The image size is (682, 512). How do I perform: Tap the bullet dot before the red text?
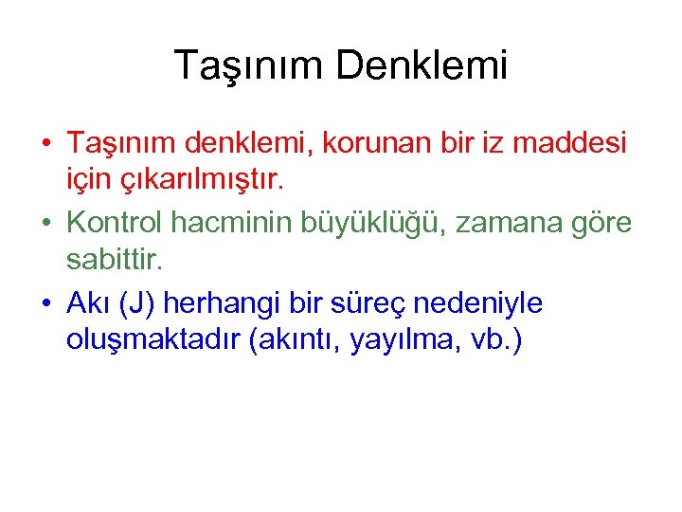[45, 143]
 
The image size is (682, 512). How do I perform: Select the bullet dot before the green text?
[45, 223]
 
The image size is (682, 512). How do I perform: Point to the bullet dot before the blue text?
[45, 302]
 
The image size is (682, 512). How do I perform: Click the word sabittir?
[121, 259]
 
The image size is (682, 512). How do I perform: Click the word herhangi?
[233, 303]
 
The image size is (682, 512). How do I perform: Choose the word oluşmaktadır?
[153, 339]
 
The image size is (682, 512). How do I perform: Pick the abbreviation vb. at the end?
[495, 339]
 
